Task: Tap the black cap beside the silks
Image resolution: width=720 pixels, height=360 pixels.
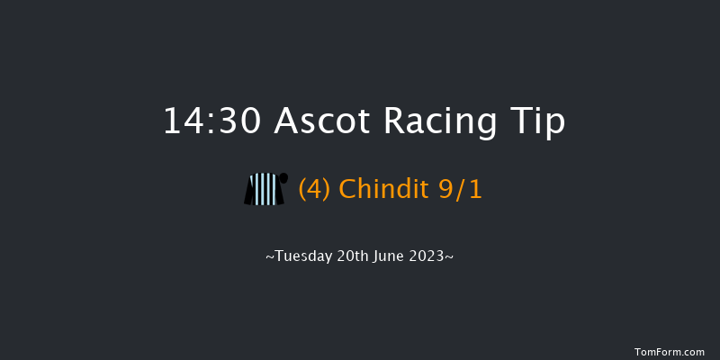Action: [283, 177]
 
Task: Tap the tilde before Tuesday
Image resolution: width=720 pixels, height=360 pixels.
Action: [269, 256]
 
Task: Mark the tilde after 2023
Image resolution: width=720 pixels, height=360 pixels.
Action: [449, 256]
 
